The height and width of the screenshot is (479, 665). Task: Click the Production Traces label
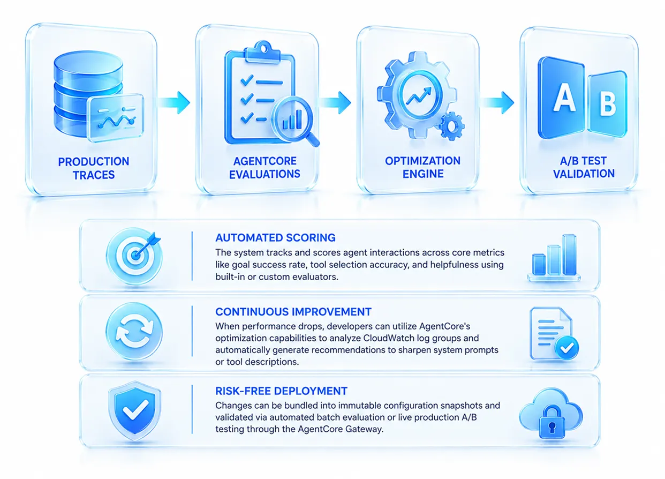94,168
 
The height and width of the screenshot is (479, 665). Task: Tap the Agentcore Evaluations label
265,168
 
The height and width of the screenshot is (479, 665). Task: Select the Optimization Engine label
423,167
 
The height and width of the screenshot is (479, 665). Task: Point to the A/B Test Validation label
584,167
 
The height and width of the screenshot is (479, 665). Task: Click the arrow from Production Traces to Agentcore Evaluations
174,102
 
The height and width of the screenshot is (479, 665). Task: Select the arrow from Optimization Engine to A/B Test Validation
497,102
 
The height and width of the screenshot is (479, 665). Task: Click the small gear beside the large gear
451,126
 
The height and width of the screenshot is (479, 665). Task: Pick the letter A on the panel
564,97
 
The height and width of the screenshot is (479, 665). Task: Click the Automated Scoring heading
276,238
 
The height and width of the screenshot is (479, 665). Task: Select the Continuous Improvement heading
293,312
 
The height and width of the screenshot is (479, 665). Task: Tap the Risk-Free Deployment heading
282,391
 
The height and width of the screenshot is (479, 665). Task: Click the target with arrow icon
134,255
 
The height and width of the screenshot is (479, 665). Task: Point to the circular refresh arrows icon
134,331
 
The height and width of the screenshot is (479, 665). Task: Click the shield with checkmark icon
134,410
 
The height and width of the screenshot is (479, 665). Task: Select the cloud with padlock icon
551,414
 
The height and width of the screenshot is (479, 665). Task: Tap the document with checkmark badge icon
554,333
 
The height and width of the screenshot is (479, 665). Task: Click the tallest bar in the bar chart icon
569,255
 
